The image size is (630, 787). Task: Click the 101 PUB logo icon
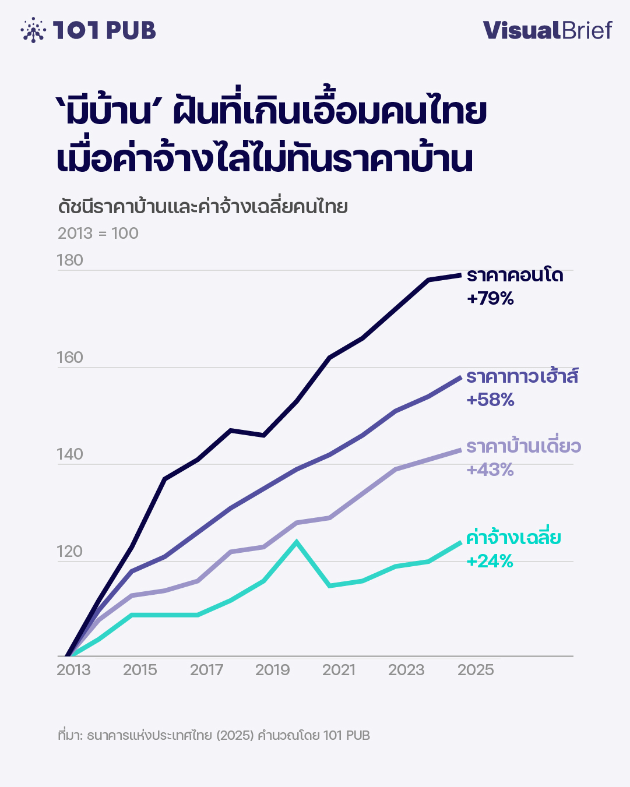pyautogui.click(x=33, y=30)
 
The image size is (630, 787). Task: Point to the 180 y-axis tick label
pyautogui.click(x=70, y=260)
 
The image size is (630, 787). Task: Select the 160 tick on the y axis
pyautogui.click(x=70, y=357)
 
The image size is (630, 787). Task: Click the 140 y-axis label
pyautogui.click(x=70, y=454)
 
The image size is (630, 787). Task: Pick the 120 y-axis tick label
pyautogui.click(x=70, y=551)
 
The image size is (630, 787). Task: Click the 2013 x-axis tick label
pyautogui.click(x=73, y=670)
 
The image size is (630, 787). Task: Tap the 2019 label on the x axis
pyautogui.click(x=272, y=670)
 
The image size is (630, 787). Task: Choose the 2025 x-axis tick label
pyautogui.click(x=476, y=670)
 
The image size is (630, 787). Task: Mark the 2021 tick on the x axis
pyautogui.click(x=339, y=670)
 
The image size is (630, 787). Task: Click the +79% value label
pyautogui.click(x=490, y=299)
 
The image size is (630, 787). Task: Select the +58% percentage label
pyautogui.click(x=490, y=400)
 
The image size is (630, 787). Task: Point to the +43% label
pyautogui.click(x=490, y=470)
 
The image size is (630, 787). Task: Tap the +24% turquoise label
pyautogui.click(x=490, y=561)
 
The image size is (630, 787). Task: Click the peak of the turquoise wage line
pyautogui.click(x=297, y=542)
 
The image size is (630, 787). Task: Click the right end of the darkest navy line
pyautogui.click(x=460, y=274)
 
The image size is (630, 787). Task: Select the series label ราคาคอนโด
pyautogui.click(x=515, y=275)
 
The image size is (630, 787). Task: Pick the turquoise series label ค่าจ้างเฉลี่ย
pyautogui.click(x=513, y=537)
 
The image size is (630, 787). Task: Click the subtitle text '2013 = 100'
pyautogui.click(x=98, y=234)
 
